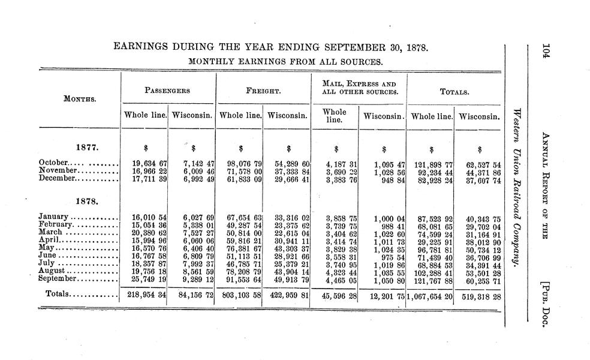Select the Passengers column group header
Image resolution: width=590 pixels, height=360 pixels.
pos(168,91)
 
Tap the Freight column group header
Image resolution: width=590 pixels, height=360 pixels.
pos(263,92)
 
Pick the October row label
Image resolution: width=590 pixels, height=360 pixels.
pos(56,163)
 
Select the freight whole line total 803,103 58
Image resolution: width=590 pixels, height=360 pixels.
pos(239,295)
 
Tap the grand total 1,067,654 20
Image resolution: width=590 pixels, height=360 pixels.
pos(429,295)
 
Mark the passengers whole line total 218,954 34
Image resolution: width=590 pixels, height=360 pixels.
pos(145,295)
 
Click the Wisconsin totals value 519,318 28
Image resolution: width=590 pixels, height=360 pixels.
pos(479,295)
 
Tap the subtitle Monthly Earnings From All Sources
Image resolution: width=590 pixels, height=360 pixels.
pos(285,61)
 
